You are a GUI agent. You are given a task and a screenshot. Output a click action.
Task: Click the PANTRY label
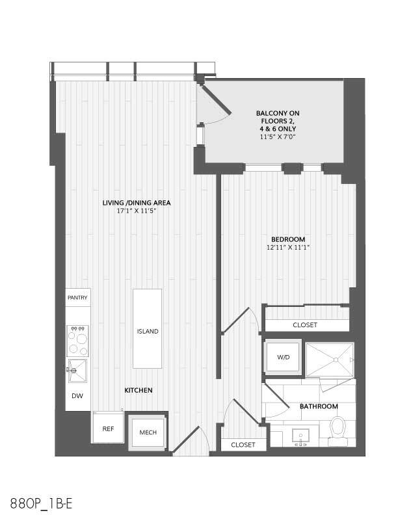click(x=77, y=297)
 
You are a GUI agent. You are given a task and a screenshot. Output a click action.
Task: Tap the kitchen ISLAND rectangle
click(x=148, y=329)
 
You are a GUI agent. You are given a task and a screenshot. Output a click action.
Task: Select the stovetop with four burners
click(x=77, y=338)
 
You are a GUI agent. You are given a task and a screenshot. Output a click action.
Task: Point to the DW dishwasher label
click(x=77, y=396)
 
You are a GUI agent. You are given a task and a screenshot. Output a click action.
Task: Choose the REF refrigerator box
click(x=107, y=429)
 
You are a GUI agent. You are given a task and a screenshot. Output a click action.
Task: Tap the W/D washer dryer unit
click(x=283, y=357)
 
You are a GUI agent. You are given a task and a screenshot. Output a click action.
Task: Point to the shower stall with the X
click(x=330, y=360)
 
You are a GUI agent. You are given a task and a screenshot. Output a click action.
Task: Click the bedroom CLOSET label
click(x=305, y=324)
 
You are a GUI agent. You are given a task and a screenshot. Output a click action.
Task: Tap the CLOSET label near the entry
click(x=243, y=445)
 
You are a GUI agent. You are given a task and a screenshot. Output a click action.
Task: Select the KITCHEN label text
click(x=139, y=390)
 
